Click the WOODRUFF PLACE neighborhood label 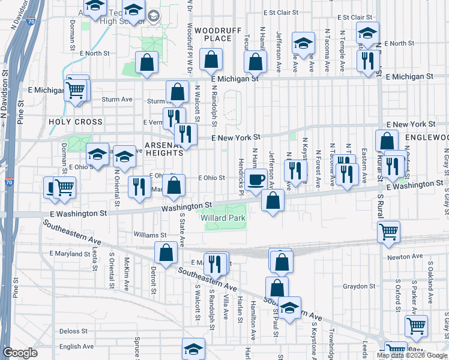click(213, 34)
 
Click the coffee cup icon click(256, 179)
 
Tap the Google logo click(20, 353)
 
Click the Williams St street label click(150, 236)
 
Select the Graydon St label click(359, 286)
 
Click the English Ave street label click(76, 346)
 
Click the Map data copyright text click(411, 355)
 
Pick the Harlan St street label click(239, 310)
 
